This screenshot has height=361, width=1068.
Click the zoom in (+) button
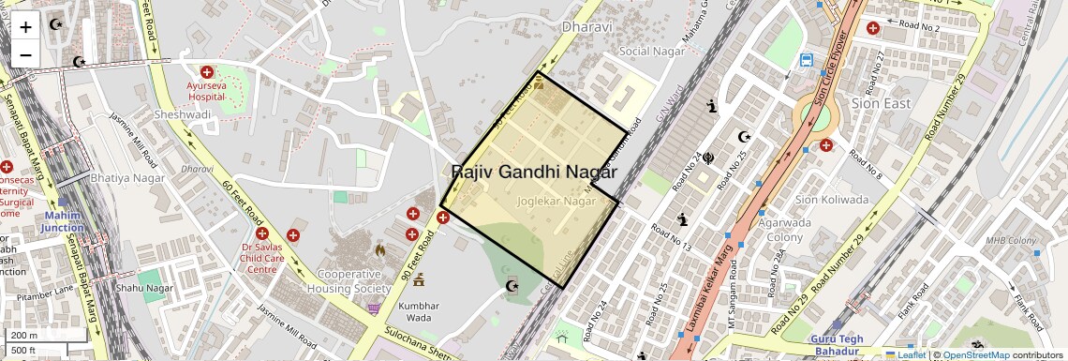(25, 27)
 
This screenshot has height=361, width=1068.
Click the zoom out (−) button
(25, 54)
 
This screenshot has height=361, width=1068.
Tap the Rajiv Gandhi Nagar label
(534, 173)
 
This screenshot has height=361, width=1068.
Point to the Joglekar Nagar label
(556, 202)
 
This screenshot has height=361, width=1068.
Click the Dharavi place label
(586, 27)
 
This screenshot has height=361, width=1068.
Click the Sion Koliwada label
(832, 200)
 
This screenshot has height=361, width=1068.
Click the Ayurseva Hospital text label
(207, 90)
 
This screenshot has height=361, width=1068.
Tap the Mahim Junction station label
(63, 221)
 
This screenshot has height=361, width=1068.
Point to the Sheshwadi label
(183, 115)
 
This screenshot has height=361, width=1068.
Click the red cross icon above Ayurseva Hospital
(206, 71)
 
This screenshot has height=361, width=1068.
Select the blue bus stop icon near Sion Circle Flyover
(807, 61)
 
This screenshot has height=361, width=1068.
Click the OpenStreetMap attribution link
(975, 355)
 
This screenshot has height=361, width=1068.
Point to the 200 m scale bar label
(24, 336)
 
